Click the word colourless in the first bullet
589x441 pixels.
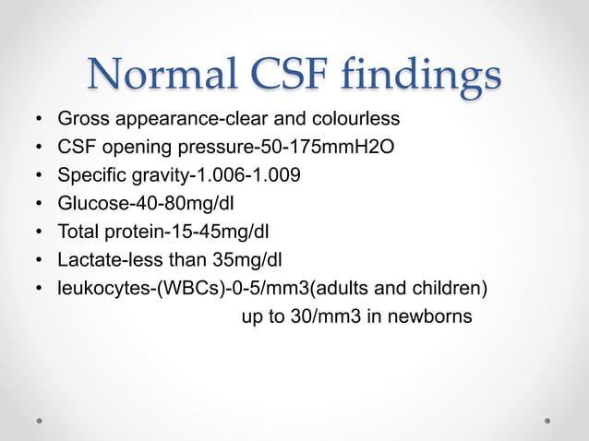358,120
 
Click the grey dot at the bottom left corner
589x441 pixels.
41,419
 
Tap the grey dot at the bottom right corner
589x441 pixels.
547,419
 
